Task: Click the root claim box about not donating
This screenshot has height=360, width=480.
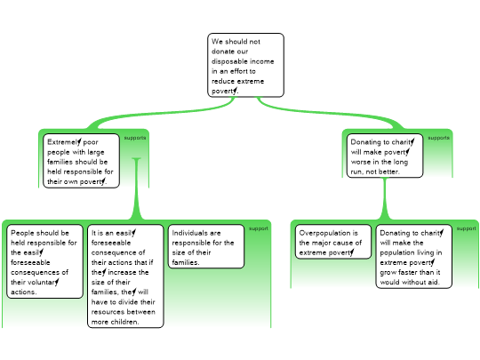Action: click(x=246, y=65)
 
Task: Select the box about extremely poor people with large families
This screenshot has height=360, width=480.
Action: click(x=81, y=161)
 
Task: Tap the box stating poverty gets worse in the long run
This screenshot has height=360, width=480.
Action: click(x=385, y=156)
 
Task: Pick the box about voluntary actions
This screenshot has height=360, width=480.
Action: click(x=45, y=261)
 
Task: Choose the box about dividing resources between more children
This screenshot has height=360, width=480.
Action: click(x=125, y=276)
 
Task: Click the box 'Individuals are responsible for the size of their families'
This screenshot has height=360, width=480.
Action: click(x=206, y=246)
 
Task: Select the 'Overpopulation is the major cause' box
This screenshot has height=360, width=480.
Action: click(x=333, y=242)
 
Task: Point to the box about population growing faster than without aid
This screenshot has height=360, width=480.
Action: click(x=414, y=257)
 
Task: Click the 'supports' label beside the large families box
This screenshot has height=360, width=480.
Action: click(x=135, y=138)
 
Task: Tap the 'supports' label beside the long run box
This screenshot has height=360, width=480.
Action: click(x=439, y=138)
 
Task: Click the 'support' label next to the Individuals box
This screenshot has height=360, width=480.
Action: click(x=259, y=228)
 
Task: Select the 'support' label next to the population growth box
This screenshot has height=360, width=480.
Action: click(x=467, y=228)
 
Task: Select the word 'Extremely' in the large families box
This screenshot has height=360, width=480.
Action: click(x=64, y=142)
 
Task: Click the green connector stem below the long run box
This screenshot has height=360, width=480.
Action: click(x=385, y=198)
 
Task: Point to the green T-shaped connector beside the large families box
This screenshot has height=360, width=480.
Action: click(x=137, y=188)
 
